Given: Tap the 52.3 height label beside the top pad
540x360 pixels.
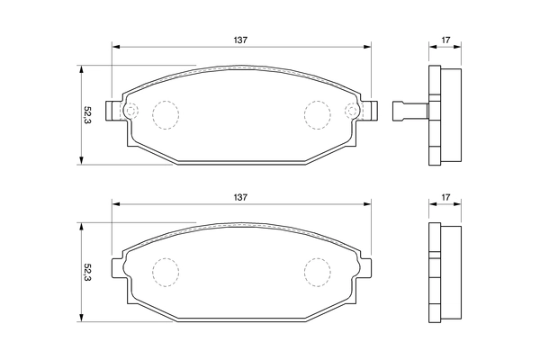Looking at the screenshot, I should (x=87, y=114).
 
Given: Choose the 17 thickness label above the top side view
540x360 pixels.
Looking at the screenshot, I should (x=445, y=40).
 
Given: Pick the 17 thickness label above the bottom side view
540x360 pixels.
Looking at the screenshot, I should (x=445, y=196).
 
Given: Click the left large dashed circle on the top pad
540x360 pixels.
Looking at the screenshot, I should (x=165, y=112).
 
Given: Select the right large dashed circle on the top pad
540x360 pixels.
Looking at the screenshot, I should (x=317, y=112).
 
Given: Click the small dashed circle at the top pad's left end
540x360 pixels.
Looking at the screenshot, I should (x=130, y=112).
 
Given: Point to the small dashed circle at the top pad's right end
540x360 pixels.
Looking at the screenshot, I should (x=352, y=112).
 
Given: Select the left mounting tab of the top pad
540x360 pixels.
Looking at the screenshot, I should (x=112, y=111).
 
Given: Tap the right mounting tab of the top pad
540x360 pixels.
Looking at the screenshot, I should (x=370, y=111).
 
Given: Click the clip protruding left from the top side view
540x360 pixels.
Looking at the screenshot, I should (x=408, y=111).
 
